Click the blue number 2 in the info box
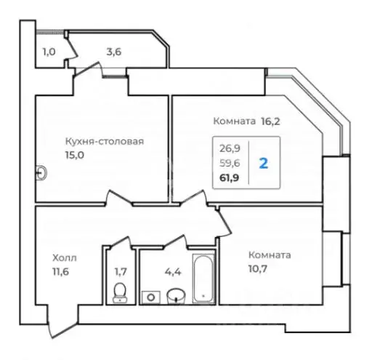[x=263, y=161]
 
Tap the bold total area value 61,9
[x=230, y=175]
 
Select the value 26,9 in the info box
[x=230, y=148]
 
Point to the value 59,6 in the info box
[x=230, y=161]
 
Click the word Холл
[x=64, y=257]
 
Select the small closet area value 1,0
[x=49, y=52]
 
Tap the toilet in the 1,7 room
[x=121, y=293]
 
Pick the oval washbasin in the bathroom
[x=174, y=295]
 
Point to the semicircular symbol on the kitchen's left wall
[x=41, y=172]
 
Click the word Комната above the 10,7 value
[x=269, y=255]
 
